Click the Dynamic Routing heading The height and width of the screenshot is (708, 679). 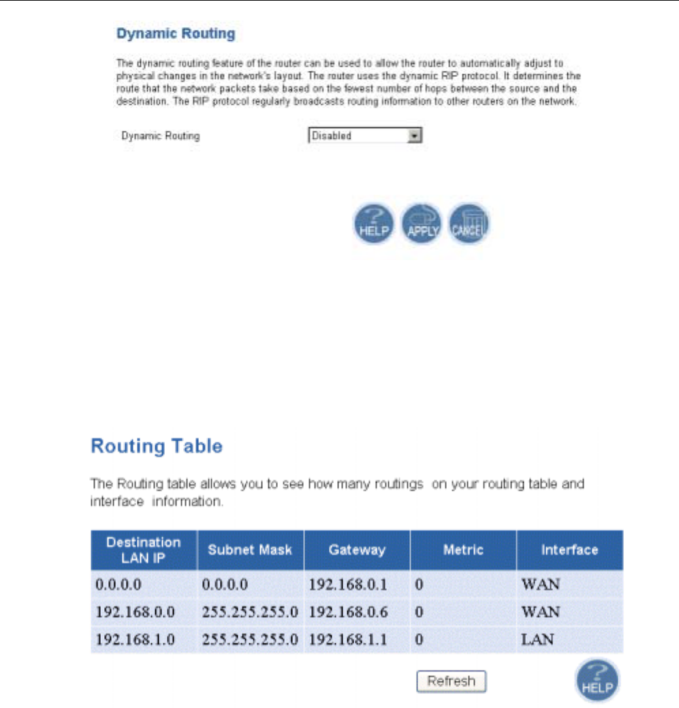[175, 33]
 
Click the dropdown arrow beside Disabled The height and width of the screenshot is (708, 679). [413, 136]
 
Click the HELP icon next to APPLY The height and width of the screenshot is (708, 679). [373, 224]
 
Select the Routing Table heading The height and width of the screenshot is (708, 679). [157, 447]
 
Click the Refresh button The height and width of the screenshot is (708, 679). [451, 681]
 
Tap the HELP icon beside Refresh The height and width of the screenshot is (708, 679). [597, 681]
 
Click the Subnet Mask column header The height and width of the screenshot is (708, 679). [250, 550]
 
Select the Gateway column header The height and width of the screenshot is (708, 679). [357, 550]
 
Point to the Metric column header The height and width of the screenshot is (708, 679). [463, 550]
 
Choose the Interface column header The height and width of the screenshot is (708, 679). [569, 550]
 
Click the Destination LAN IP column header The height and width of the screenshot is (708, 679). [144, 550]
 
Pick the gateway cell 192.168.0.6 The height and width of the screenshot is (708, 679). [348, 612]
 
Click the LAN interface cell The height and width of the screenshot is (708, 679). [537, 639]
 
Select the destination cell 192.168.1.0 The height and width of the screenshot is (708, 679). [135, 639]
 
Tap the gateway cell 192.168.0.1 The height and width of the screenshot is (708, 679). [348, 584]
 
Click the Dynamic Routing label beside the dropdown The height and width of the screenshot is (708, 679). [161, 136]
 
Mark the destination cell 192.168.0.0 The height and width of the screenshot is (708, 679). [135, 612]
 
